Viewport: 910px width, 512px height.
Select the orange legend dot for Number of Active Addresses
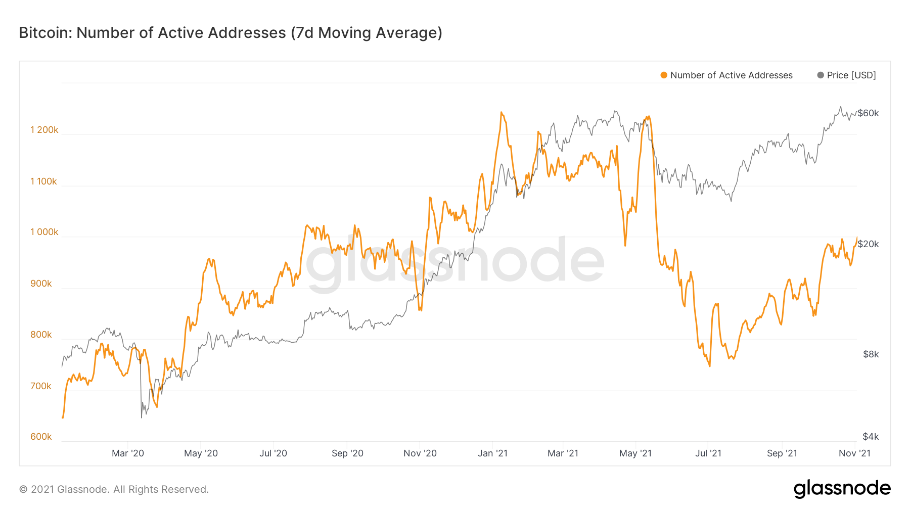click(x=664, y=75)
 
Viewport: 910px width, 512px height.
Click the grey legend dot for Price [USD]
click(x=821, y=75)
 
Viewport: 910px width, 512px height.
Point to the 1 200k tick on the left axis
click(x=44, y=130)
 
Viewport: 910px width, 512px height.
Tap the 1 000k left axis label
click(x=44, y=232)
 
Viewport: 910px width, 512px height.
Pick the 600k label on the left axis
click(x=41, y=437)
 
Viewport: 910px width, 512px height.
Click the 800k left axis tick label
click(x=41, y=335)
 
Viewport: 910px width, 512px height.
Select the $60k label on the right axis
click(x=868, y=113)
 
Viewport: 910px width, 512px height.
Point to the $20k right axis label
click(x=868, y=244)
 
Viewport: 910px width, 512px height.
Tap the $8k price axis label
click(x=871, y=354)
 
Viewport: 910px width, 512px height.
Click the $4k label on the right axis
click(x=871, y=437)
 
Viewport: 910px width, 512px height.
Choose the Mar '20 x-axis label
click(x=128, y=453)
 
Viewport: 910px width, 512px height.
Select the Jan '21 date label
click(x=492, y=453)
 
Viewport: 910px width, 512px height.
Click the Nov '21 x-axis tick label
click(x=854, y=453)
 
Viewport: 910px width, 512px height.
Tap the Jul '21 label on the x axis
click(x=708, y=453)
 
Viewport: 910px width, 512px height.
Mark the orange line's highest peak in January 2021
click(x=501, y=112)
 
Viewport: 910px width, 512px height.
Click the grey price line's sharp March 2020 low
click(x=142, y=417)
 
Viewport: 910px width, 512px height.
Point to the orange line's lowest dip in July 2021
click(x=710, y=366)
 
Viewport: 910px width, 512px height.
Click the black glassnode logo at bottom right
click(x=842, y=489)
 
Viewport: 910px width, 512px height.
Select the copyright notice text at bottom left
click(x=114, y=489)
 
